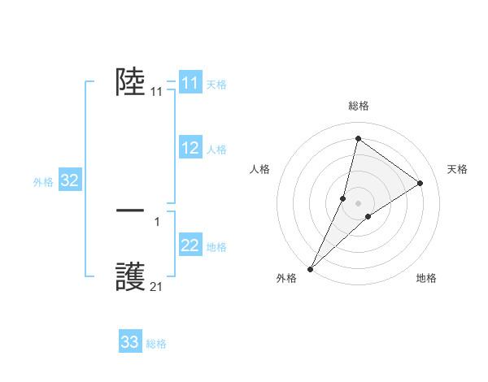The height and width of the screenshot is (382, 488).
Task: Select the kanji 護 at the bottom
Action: pos(131,276)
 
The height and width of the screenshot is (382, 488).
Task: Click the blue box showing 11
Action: pos(190,83)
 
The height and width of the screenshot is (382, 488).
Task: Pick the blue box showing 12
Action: pos(190,148)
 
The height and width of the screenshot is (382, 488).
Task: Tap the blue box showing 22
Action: pos(190,245)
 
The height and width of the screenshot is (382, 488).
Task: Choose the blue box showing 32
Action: pos(69,180)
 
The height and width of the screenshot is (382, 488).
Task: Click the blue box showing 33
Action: pos(129,342)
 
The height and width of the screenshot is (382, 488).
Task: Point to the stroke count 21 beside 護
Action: pos(156,287)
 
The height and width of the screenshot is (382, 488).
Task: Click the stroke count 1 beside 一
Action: pos(156,221)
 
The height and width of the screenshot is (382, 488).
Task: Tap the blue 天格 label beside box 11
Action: pos(216,85)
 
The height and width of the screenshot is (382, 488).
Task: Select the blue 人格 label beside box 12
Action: pos(216,150)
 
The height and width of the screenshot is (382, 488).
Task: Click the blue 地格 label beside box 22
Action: pos(216,247)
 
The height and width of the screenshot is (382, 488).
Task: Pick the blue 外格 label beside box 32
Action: pos(43,182)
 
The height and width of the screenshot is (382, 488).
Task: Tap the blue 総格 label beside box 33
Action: pos(156,344)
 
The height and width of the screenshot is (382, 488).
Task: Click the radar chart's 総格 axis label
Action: pos(358,106)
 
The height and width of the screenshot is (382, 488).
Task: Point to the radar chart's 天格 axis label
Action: pos(457,169)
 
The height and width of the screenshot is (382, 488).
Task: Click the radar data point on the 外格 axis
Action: pos(311,268)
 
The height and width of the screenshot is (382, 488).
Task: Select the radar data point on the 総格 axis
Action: pos(358,138)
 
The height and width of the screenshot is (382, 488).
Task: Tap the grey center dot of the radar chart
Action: pos(358,202)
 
